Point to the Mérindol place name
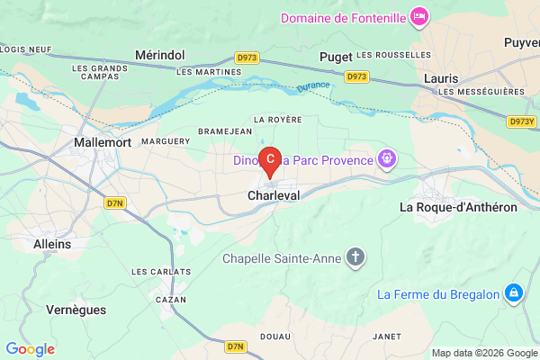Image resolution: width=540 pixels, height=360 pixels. click(x=158, y=56)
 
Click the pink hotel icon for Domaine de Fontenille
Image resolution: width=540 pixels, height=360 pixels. click(x=419, y=17)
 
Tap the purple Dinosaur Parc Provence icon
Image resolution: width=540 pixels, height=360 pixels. click(x=388, y=160)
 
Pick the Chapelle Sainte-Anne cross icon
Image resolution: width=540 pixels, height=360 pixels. click(x=356, y=259)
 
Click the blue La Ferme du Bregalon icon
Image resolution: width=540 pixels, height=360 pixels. click(x=513, y=293)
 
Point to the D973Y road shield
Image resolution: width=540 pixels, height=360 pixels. click(x=520, y=121)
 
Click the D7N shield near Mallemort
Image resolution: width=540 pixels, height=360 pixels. click(x=115, y=203)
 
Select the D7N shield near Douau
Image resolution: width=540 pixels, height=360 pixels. click(x=237, y=346)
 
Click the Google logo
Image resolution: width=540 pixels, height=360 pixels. click(x=30, y=349)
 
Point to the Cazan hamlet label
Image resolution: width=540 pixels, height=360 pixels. click(x=170, y=299)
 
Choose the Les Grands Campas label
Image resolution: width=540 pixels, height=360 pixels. click(x=100, y=72)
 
